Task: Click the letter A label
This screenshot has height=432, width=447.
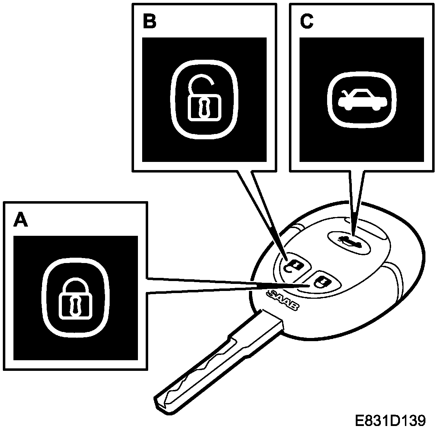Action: click(x=21, y=220)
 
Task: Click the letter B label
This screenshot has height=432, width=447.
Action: click(x=149, y=22)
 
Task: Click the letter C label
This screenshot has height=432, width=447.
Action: click(x=306, y=22)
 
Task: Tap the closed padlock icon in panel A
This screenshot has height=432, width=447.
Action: click(x=75, y=297)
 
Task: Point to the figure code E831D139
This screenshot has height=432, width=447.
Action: click(x=390, y=421)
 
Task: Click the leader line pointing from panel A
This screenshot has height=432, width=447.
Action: click(x=226, y=285)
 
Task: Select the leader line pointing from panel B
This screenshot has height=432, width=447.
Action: click(x=262, y=212)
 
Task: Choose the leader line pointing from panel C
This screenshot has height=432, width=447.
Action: click(x=355, y=202)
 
